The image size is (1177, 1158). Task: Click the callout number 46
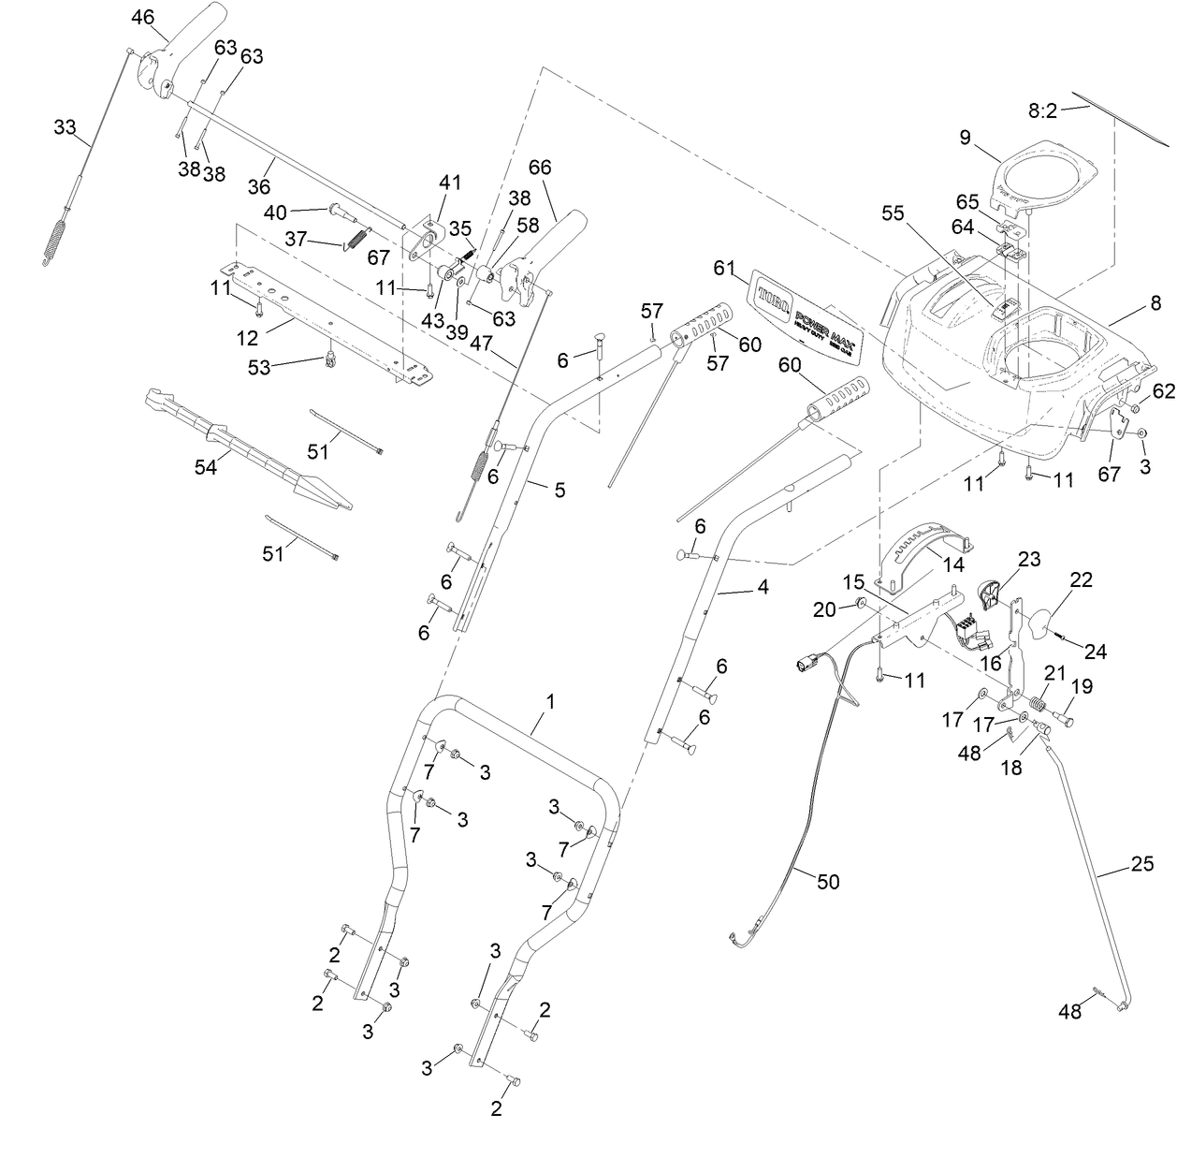coord(143,17)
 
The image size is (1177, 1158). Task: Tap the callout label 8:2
coord(1042,110)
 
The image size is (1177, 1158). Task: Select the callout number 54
coord(205,465)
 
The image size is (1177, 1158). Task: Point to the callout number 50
coord(828,882)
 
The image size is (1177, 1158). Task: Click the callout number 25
coord(1142,863)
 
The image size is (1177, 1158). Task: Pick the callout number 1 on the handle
coord(550,700)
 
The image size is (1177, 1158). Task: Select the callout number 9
coord(965,139)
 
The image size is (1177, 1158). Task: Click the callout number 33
coord(65,127)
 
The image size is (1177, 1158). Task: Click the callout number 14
coord(952,564)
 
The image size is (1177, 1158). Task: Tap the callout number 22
coord(1081,580)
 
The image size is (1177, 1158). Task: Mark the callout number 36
coord(258,186)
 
